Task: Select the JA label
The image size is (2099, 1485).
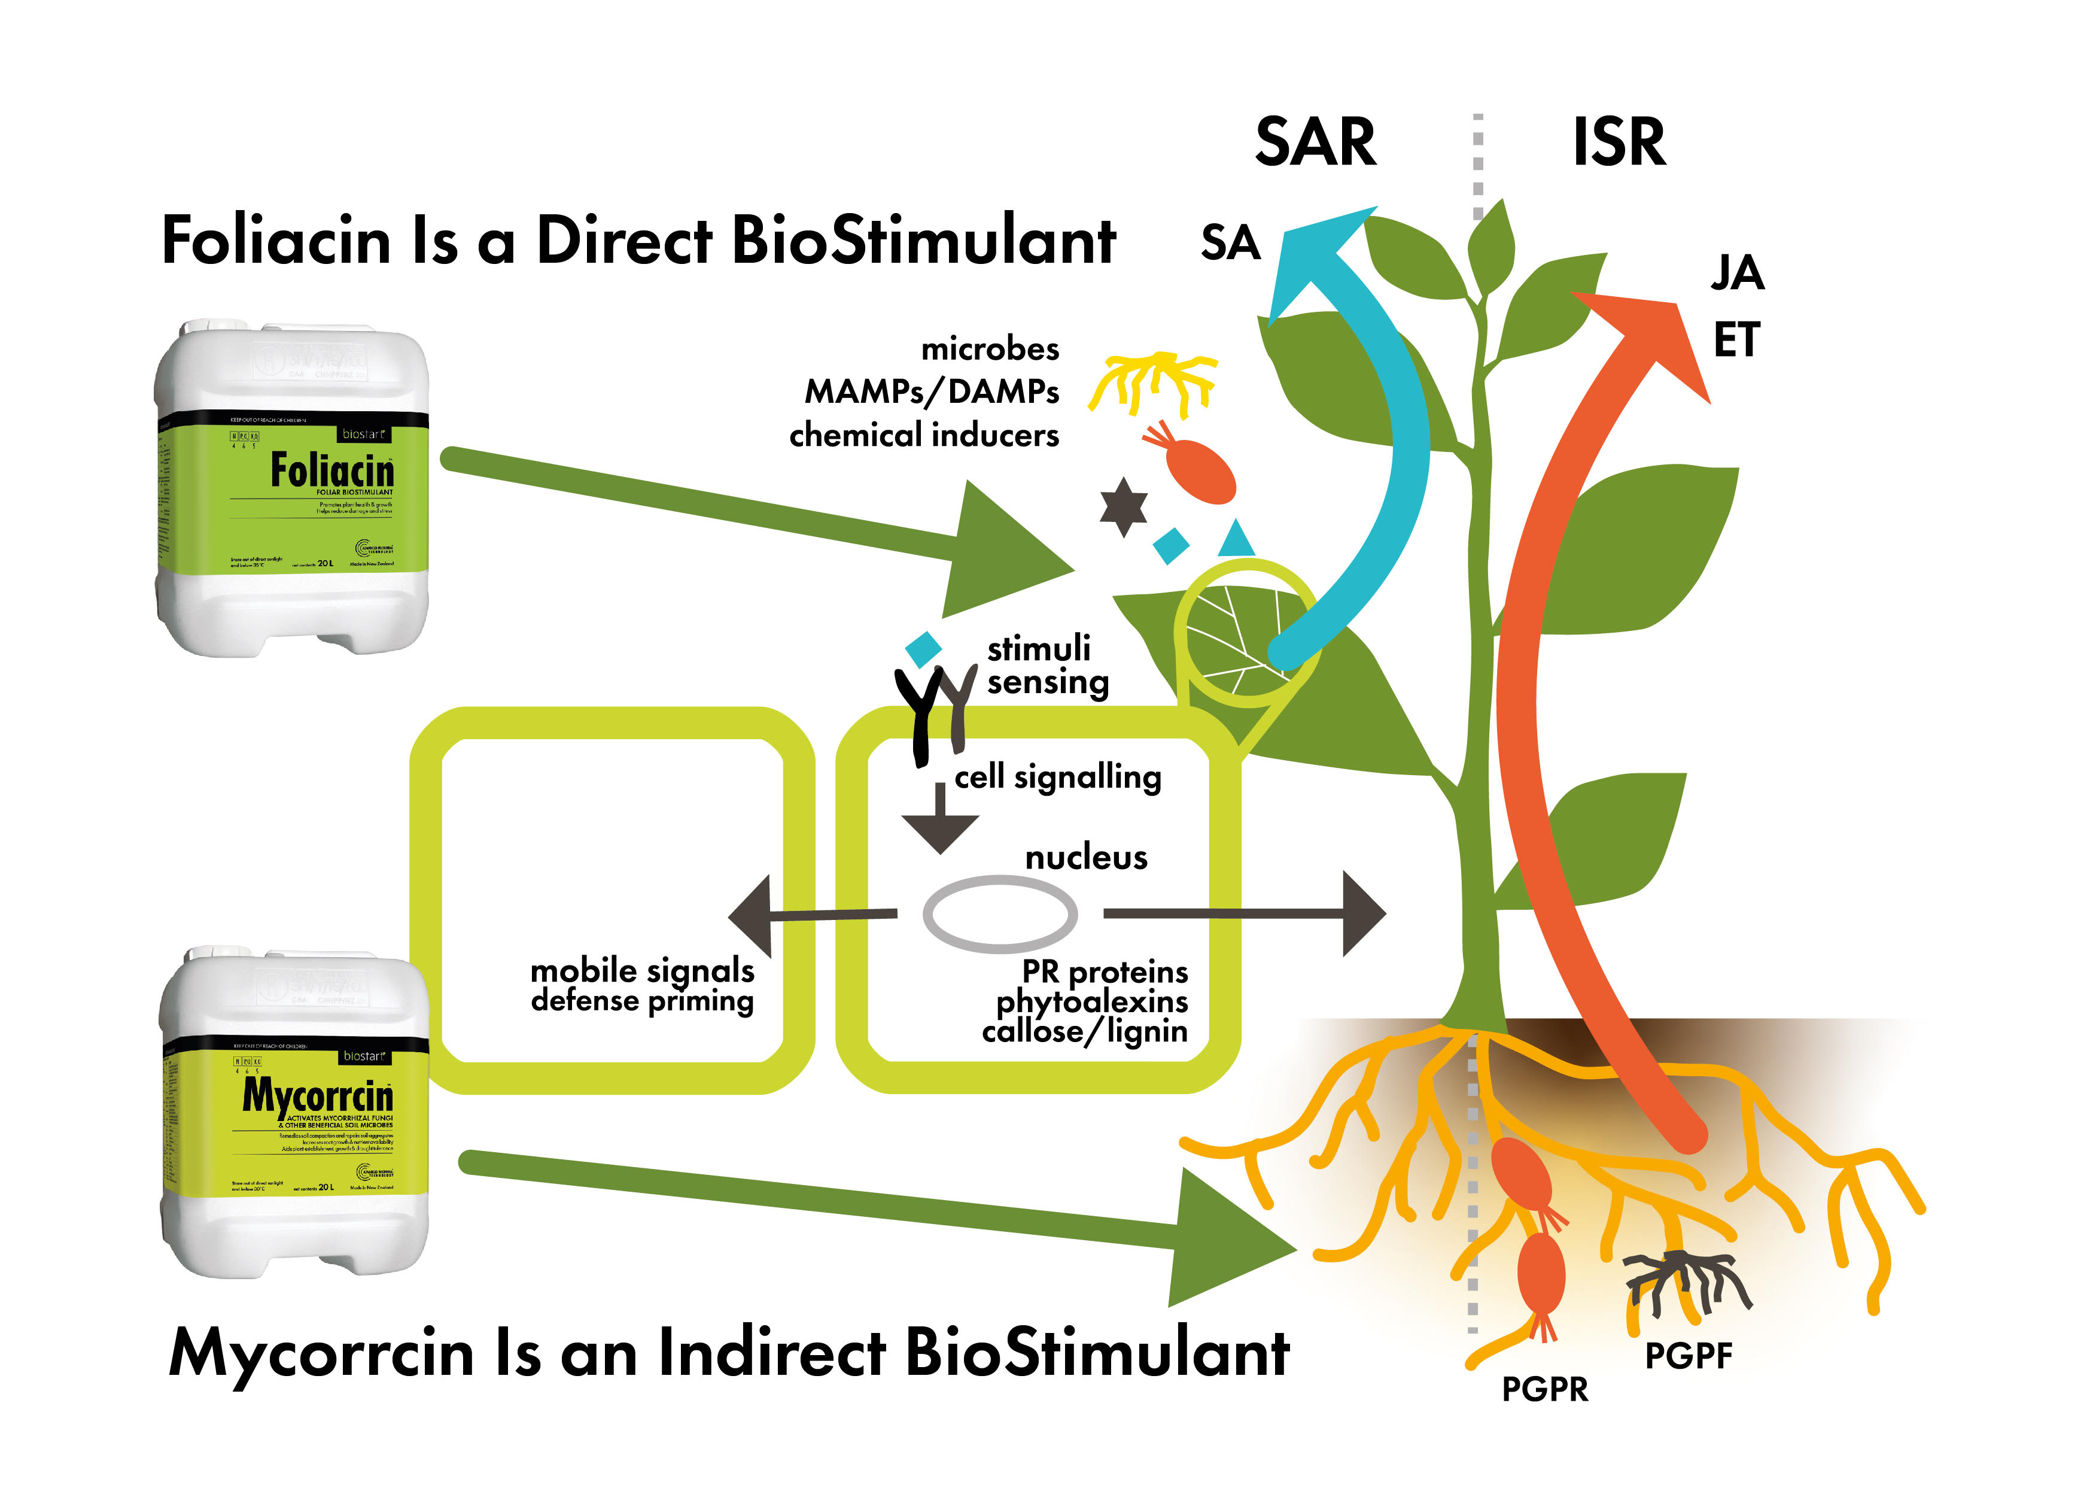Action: [1737, 272]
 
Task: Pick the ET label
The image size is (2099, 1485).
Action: [1735, 340]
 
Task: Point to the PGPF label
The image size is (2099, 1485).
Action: [1687, 1355]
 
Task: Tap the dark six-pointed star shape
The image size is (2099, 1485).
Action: [1124, 506]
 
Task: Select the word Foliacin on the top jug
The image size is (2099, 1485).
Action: [332, 472]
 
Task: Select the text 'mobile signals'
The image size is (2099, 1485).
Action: [642, 969]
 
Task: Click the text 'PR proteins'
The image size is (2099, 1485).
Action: [1105, 970]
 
